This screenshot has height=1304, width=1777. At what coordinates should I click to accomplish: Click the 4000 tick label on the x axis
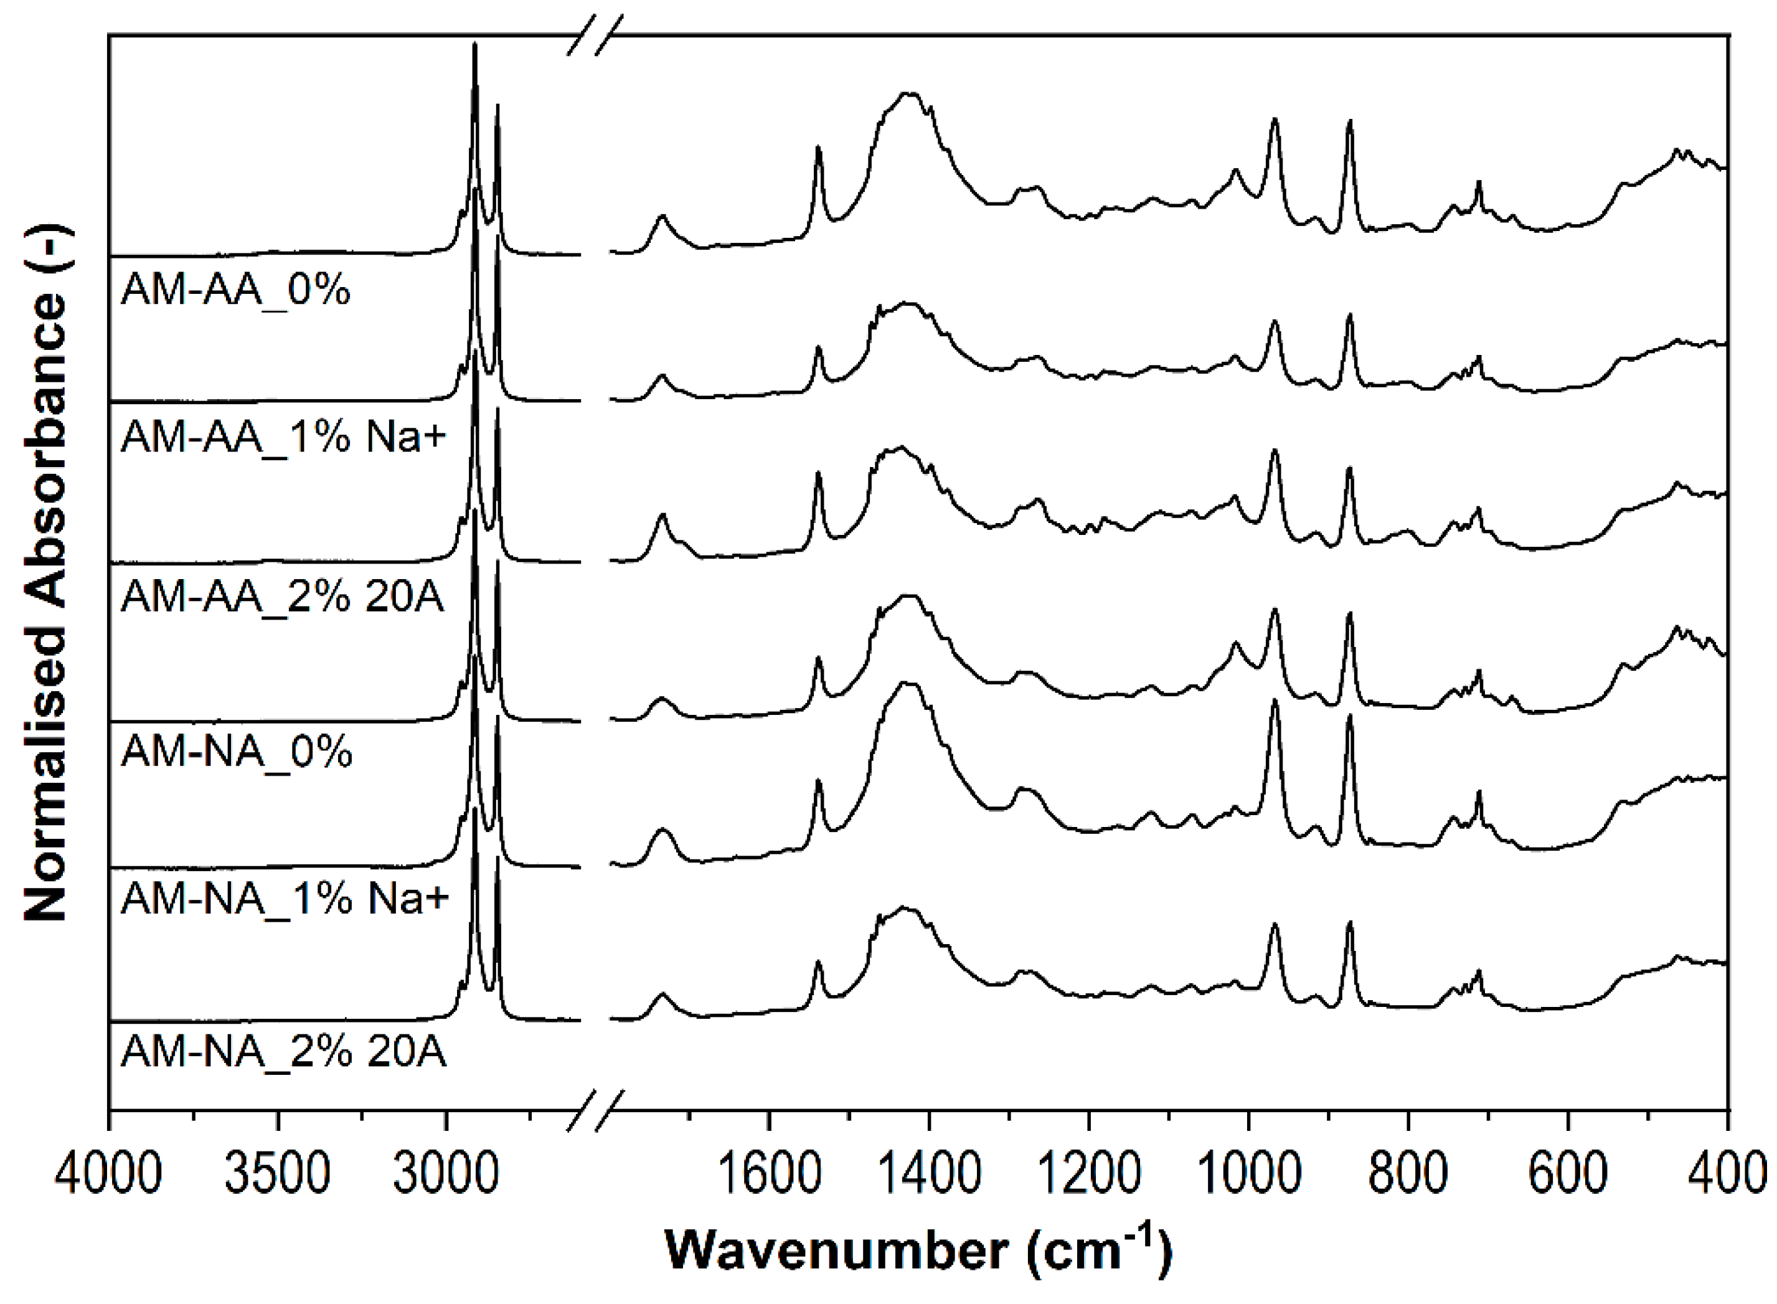tap(108, 1174)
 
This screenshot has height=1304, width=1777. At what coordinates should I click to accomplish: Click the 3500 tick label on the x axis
tap(277, 1174)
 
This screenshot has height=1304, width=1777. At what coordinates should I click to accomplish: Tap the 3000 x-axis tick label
tap(446, 1174)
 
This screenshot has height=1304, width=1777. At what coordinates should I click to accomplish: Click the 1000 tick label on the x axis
tap(1249, 1174)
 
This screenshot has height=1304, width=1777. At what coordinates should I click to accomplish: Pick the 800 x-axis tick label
tap(1408, 1174)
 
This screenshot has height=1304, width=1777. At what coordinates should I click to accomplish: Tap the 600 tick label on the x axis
tap(1568, 1174)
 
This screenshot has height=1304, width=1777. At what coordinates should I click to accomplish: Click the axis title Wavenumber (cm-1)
tap(918, 1252)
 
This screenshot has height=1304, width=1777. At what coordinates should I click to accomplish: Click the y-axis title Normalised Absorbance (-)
tap(46, 574)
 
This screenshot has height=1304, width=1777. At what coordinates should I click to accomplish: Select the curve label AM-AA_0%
tap(235, 291)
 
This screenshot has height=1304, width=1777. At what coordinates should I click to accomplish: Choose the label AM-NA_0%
tap(236, 752)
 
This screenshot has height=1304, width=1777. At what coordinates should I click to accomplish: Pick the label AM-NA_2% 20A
tap(283, 1052)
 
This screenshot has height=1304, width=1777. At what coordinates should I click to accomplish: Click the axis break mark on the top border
tap(596, 35)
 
